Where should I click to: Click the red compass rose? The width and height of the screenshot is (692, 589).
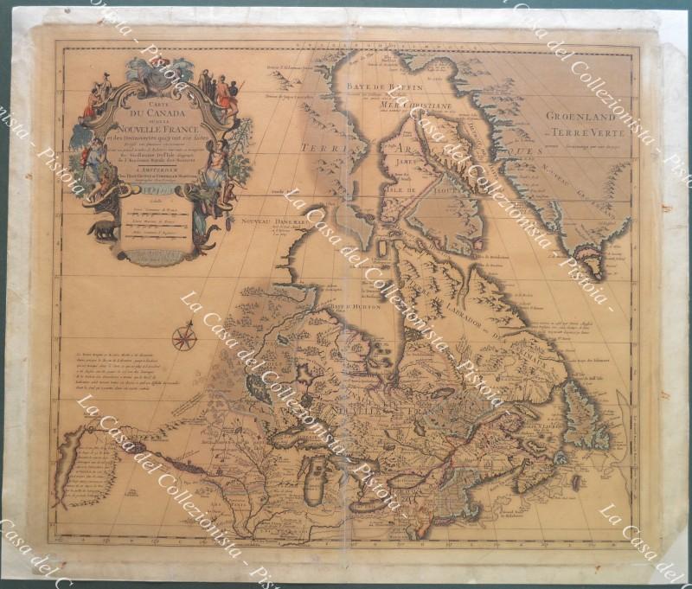pos(183,336)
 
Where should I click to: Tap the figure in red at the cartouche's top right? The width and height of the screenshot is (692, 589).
pos(227,97)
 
